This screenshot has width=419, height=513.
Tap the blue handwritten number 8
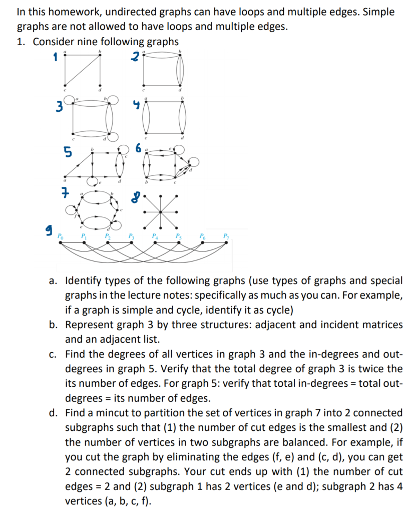tap(134, 198)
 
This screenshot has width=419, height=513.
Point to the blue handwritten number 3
tap(60, 107)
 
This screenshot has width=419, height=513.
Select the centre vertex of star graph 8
tap(160, 211)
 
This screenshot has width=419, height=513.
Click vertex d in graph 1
tap(100, 85)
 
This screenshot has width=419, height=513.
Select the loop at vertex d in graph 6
tap(193, 161)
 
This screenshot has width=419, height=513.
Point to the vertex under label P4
tap(155, 242)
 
